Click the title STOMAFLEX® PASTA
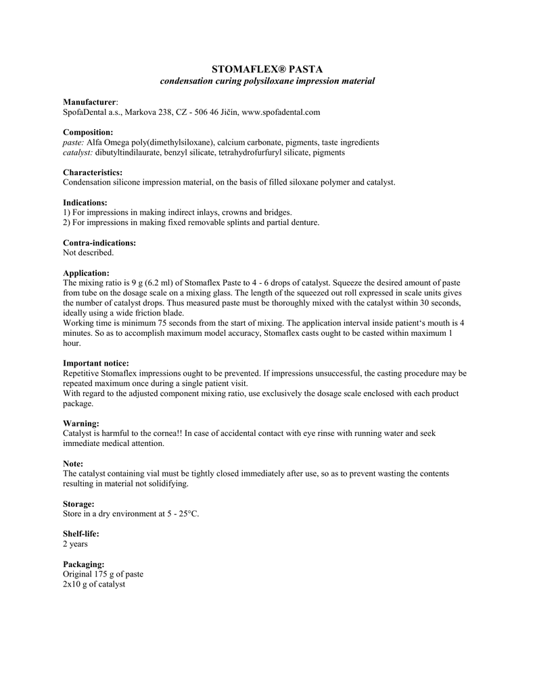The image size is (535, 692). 267,69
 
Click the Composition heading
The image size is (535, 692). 88,132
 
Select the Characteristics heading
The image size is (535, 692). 93,173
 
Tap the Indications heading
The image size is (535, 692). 85,203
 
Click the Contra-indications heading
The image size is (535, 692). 99,243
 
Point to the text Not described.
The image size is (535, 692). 89,253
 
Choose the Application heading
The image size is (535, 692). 86,273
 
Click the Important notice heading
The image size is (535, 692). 95,363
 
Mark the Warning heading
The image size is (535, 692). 81,423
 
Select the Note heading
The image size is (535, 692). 73,464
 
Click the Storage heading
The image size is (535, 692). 79,503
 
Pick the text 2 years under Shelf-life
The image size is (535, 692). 75,544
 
